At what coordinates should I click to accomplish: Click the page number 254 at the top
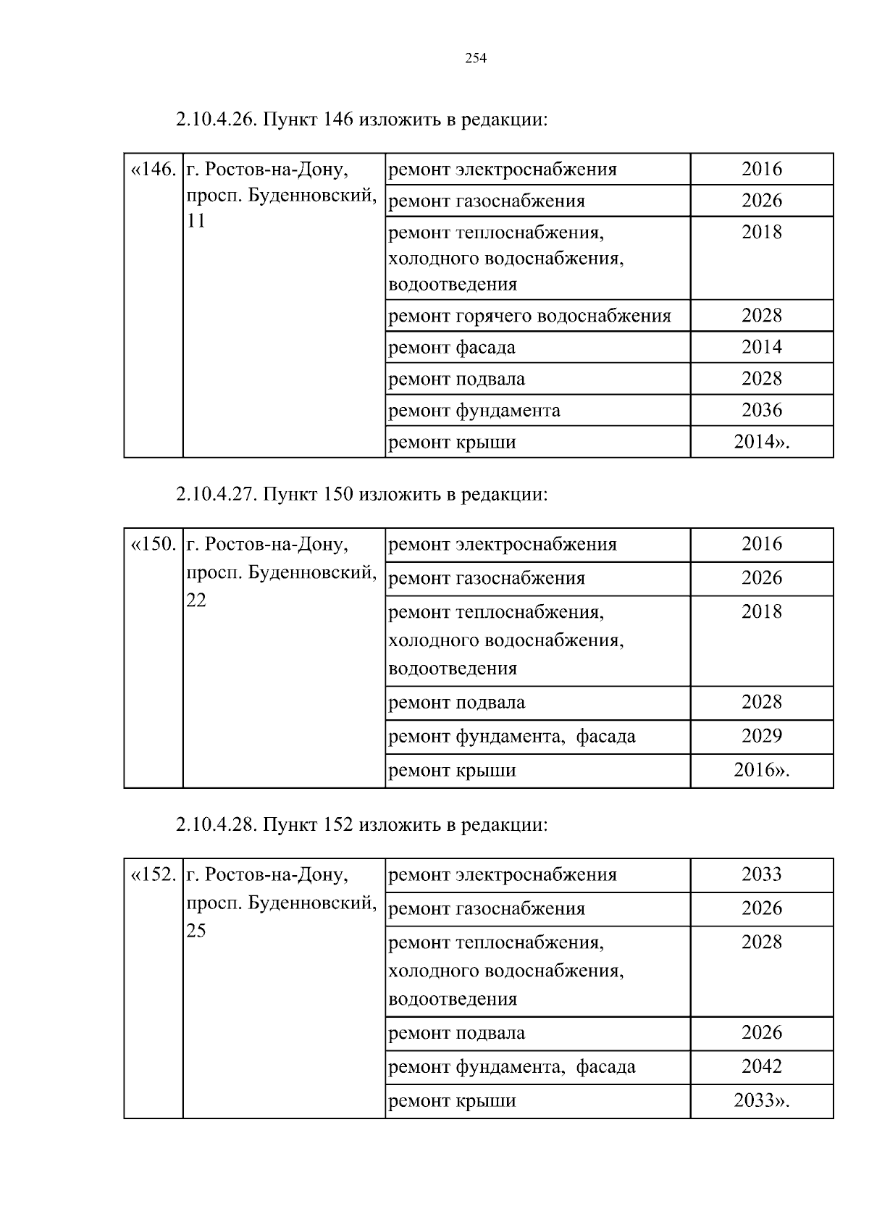475,59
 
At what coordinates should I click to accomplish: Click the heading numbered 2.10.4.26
361,120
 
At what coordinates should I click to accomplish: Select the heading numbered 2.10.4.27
361,495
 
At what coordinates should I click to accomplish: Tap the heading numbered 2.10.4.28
361,825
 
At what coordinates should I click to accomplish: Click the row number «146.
153,170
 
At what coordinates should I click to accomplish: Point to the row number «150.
153,544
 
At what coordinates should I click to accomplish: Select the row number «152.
153,874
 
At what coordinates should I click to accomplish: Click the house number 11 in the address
196,222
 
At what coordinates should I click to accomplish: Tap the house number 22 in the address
196,601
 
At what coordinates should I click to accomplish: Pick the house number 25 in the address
196,931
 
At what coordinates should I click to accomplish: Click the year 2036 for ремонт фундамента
762,410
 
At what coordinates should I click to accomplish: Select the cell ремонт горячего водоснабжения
530,316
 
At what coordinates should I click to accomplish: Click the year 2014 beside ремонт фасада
762,347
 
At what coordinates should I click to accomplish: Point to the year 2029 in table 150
762,736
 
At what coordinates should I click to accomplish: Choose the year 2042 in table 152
762,1066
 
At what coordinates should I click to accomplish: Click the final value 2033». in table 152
762,1100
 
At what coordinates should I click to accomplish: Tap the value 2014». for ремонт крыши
762,442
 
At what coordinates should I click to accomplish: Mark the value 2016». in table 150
762,770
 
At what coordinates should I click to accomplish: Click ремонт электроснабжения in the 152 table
503,875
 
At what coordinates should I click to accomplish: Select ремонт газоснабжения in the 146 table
487,201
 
